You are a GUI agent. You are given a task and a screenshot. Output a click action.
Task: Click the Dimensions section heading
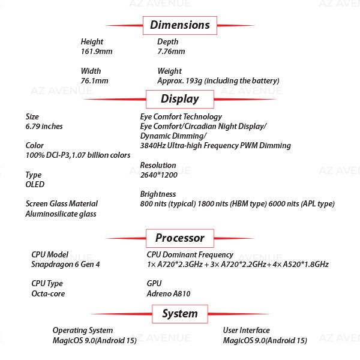click(179, 25)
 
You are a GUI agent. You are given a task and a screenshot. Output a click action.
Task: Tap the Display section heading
click(179, 99)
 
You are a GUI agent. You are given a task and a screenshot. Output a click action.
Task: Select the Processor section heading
click(179, 238)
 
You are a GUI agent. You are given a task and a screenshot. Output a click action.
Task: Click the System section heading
click(179, 313)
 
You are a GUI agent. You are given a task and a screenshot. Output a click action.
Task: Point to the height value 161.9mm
click(97, 52)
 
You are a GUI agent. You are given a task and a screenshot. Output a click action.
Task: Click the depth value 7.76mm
click(171, 52)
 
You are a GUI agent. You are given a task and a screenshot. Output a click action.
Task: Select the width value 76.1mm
click(94, 80)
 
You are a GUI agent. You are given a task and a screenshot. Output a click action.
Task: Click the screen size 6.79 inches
click(44, 127)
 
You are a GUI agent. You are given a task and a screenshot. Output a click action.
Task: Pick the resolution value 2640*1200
click(158, 175)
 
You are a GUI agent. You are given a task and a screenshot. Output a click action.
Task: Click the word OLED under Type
click(35, 184)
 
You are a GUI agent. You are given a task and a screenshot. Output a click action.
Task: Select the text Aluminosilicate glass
click(61, 214)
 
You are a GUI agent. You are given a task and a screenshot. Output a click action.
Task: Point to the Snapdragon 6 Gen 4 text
click(65, 264)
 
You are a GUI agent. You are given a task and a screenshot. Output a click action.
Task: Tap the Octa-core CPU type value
click(48, 293)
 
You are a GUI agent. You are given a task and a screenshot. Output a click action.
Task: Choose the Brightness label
click(158, 194)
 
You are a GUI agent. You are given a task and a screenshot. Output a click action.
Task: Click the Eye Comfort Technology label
click(181, 116)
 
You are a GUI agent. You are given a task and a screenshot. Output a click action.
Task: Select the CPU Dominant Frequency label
click(190, 254)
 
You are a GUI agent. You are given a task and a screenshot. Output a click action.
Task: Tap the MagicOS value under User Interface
click(265, 340)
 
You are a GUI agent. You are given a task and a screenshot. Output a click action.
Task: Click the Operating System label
click(82, 330)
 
